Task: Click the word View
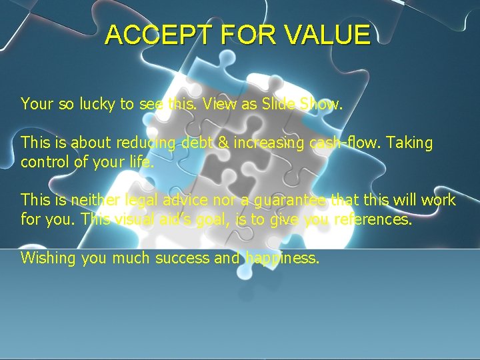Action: pyautogui.click(x=231, y=104)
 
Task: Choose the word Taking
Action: pyautogui.click(x=409, y=143)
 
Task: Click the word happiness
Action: pyautogui.click(x=283, y=259)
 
